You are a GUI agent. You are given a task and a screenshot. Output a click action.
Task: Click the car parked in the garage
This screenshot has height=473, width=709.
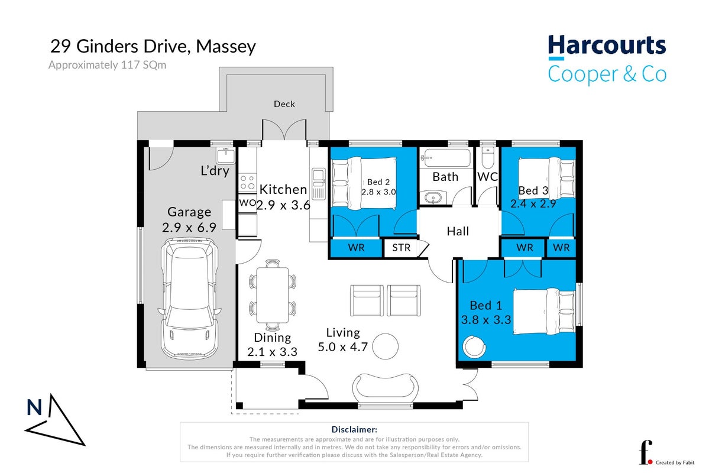[x=189, y=299]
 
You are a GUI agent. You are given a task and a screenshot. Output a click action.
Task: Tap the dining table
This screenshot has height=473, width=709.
[x=272, y=295]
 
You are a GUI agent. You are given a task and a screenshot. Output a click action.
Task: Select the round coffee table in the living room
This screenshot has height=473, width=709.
[x=385, y=346]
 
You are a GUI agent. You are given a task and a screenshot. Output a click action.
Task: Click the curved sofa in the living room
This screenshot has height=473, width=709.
[x=385, y=387]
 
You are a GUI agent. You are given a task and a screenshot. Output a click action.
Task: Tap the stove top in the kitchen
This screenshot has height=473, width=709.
[x=247, y=183]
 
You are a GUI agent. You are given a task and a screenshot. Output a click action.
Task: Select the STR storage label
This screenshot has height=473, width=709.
[x=401, y=248]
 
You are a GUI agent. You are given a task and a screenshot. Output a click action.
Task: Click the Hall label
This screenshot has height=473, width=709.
[x=458, y=232]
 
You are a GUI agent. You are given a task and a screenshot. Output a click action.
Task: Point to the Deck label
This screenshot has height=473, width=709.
[x=284, y=104]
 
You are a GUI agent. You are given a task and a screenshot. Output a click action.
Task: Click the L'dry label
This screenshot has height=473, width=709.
[x=215, y=170]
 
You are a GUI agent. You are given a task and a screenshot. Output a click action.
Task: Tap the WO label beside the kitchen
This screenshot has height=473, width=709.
[x=247, y=203]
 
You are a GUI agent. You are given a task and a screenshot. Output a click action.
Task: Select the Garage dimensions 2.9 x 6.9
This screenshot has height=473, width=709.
[x=189, y=228]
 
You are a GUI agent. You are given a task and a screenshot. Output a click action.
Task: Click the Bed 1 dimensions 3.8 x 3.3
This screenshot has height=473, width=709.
[x=485, y=320]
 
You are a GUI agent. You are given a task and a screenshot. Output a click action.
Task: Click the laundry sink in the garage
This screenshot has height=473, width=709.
[x=226, y=155]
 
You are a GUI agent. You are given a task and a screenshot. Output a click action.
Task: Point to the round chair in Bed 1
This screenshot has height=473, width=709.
[x=474, y=346]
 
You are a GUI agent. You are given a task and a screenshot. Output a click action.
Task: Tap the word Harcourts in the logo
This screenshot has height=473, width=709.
[x=607, y=46]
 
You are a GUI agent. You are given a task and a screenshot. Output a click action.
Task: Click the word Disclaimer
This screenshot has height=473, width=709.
[x=354, y=430]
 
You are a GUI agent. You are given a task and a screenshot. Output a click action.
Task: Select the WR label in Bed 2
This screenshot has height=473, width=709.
[x=357, y=248]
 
